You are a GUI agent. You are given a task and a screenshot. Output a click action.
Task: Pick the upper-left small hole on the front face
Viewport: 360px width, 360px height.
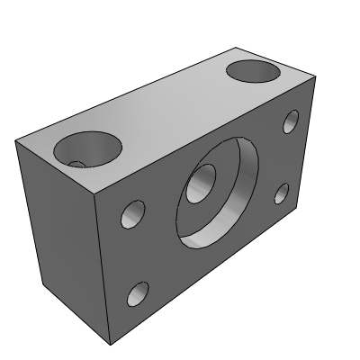pos(134,214)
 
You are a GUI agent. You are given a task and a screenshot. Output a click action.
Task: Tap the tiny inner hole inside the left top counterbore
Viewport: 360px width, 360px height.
pos(78,164)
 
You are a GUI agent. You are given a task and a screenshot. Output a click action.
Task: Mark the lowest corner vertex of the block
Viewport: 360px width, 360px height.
pos(111,345)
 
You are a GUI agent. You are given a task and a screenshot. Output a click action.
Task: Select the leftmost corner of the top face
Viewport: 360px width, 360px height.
pos(15,139)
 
